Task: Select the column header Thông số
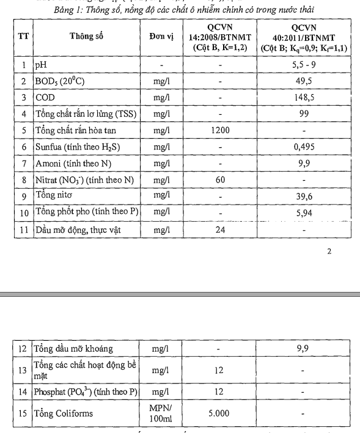[86, 37]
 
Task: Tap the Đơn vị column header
[161, 37]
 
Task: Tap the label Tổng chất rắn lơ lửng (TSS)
[81, 114]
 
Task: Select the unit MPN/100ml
[161, 413]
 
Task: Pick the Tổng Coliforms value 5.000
[219, 413]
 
